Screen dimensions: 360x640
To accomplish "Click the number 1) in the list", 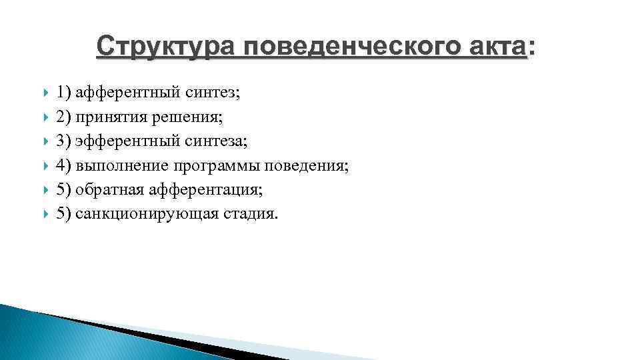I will pos(64,93).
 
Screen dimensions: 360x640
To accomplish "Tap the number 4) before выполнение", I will pos(64,165).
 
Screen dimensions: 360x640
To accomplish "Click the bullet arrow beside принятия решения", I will pos(44,117).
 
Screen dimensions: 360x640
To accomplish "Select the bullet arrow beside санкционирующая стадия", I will pos(44,213).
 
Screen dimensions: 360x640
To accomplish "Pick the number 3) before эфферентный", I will pos(64,141).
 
